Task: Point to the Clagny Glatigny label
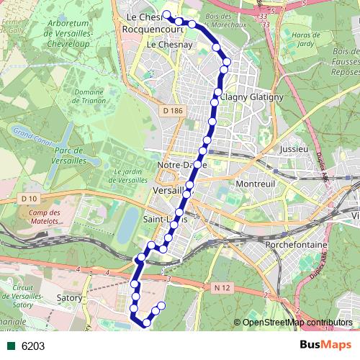248,96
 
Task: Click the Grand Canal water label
30,134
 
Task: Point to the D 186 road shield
173,110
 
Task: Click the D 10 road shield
29,198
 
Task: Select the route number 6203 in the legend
33,346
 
